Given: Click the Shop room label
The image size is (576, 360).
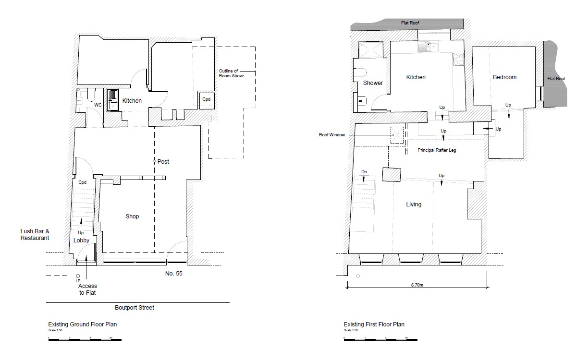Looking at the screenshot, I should [x=132, y=216].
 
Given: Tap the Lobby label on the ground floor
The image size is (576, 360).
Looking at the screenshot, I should [x=82, y=240].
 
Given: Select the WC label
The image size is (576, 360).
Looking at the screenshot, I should [x=98, y=105].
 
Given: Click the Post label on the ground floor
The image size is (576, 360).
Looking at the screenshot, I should [x=163, y=162].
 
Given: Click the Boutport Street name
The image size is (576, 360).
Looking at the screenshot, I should [x=135, y=308].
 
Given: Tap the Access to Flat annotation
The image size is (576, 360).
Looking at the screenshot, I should [x=88, y=290].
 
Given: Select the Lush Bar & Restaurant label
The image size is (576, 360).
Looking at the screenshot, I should [x=35, y=235].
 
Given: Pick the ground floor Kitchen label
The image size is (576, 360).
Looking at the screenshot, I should [x=132, y=101].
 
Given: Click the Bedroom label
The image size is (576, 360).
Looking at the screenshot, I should [x=504, y=77].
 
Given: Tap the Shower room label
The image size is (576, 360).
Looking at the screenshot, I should [x=373, y=83].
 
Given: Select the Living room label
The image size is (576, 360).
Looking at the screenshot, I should [x=414, y=204].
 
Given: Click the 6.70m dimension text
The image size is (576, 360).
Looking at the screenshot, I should [x=417, y=285].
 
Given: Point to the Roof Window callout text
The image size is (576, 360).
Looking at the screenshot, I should [x=332, y=135].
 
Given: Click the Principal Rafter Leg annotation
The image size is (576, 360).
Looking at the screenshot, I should [x=437, y=150].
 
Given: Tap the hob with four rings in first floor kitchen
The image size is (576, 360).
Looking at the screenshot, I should [x=458, y=59].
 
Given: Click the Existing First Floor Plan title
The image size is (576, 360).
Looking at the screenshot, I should [x=374, y=324].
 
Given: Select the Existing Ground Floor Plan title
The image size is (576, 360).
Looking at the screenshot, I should [x=82, y=324].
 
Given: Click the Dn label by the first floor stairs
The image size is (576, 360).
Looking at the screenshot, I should [x=364, y=171].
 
